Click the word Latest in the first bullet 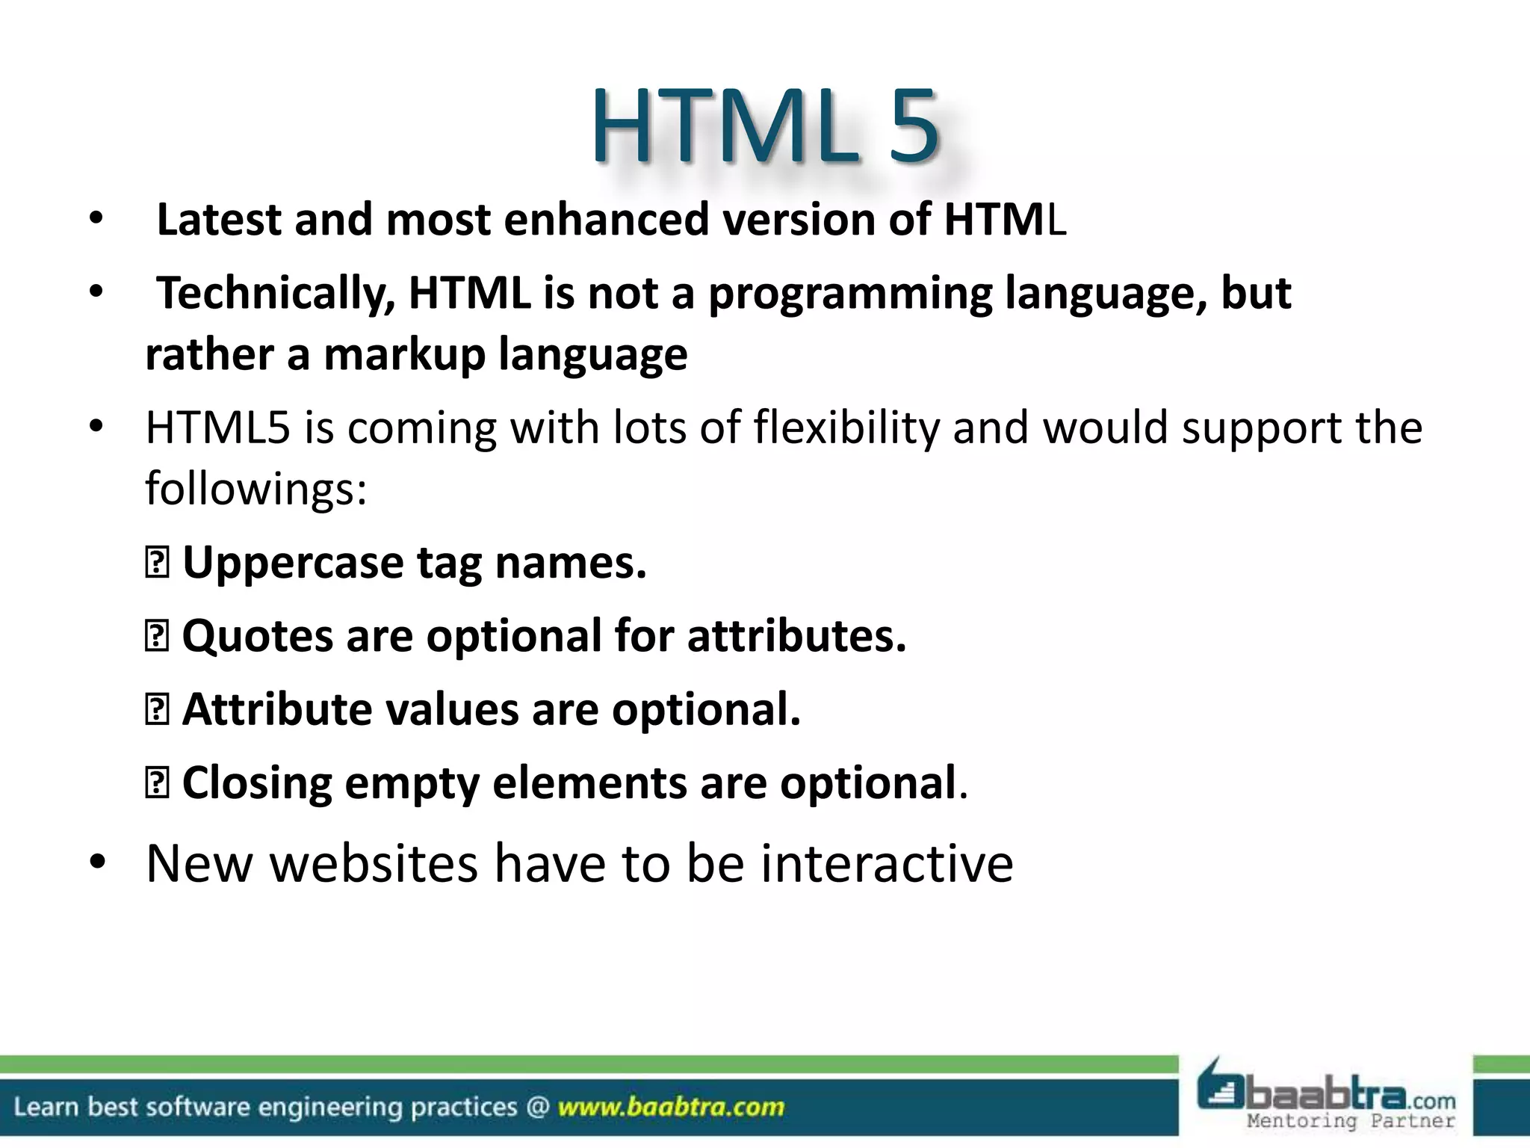(219, 220)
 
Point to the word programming (850, 294)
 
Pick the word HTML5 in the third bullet (217, 428)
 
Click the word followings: (255, 489)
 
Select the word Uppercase (293, 563)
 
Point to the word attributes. (796, 636)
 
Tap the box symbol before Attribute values (156, 710)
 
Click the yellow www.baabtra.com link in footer (671, 1107)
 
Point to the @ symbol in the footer (537, 1107)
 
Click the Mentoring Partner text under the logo (1351, 1121)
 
